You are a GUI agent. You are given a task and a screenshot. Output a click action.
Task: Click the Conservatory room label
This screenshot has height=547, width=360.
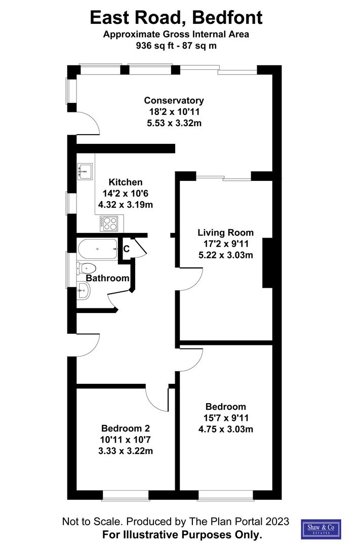pyautogui.click(x=174, y=100)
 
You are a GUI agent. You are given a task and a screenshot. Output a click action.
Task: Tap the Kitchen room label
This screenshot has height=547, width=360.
pyautogui.click(x=126, y=182)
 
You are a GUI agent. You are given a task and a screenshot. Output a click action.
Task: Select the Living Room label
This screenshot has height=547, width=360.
pyautogui.click(x=225, y=233)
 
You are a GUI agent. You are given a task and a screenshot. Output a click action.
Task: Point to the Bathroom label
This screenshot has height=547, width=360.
pyautogui.click(x=107, y=278)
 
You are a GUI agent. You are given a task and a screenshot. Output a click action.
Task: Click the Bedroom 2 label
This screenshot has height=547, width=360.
pyautogui.click(x=125, y=428)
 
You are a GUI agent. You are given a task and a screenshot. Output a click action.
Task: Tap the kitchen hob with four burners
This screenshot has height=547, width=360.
pyautogui.click(x=109, y=223)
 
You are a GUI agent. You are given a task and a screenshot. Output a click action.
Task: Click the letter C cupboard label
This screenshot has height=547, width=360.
pyautogui.click(x=127, y=249)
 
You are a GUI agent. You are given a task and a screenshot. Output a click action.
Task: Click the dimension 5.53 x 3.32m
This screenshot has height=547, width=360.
pyautogui.click(x=174, y=123)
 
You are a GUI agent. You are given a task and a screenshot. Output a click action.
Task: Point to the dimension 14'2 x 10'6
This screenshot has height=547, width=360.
pyautogui.click(x=126, y=193)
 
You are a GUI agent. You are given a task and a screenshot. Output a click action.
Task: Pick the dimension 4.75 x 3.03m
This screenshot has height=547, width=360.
pyautogui.click(x=225, y=429)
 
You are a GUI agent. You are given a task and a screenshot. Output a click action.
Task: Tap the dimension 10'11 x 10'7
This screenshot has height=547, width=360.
pyautogui.click(x=125, y=440)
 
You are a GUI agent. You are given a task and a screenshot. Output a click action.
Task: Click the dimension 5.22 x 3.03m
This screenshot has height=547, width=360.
pyautogui.click(x=225, y=255)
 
